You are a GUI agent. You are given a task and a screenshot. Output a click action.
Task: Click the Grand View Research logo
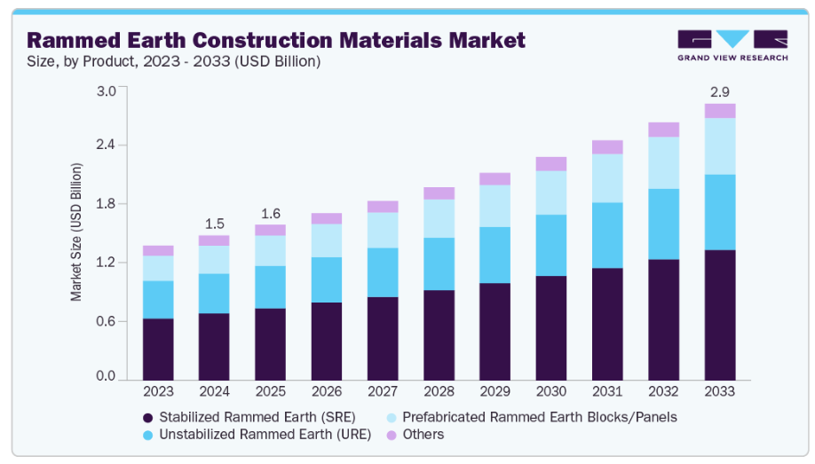click(732, 45)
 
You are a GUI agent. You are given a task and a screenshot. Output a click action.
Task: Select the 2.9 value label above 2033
click(720, 91)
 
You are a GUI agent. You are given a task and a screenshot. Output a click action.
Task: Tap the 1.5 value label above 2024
click(214, 223)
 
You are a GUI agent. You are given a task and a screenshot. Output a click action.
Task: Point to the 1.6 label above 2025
click(271, 213)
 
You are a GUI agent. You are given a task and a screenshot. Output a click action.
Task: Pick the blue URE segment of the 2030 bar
click(551, 245)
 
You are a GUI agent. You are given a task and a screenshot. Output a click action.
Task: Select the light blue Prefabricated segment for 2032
click(663, 162)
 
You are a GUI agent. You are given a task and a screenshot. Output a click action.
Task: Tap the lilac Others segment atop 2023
click(158, 250)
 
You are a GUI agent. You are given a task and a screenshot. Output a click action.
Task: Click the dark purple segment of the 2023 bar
click(158, 349)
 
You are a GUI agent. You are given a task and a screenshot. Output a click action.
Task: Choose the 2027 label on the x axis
click(383, 390)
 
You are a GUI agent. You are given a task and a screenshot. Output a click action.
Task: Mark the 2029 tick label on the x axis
click(495, 390)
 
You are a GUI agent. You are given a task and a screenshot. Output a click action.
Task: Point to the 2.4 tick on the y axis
click(106, 145)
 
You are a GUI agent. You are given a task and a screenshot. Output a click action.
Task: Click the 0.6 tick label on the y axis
click(106, 320)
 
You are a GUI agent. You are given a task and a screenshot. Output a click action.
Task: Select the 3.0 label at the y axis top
click(106, 90)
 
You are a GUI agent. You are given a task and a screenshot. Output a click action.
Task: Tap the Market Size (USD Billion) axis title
click(77, 232)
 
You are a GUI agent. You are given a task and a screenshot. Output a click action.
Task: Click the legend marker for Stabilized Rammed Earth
click(147, 417)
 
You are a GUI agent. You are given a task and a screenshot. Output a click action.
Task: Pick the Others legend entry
click(423, 435)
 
